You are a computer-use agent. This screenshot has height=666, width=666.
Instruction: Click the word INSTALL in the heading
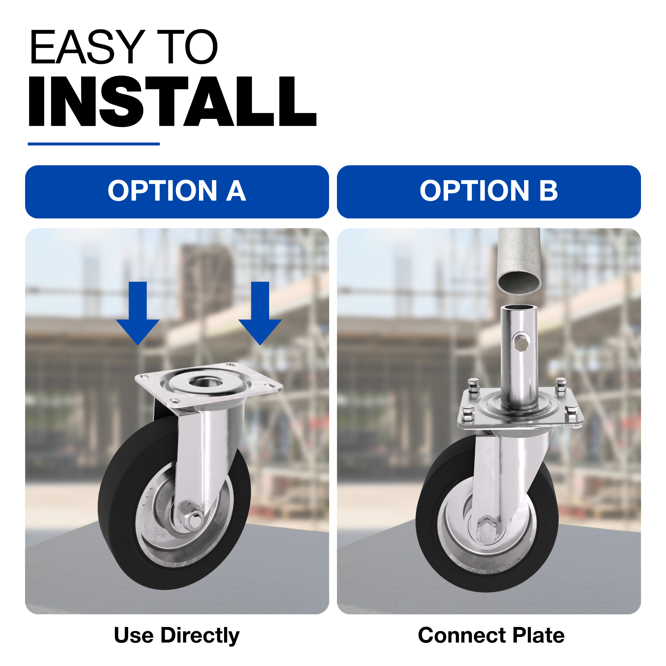click(172, 101)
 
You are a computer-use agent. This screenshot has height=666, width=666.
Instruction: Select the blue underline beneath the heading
click(94, 144)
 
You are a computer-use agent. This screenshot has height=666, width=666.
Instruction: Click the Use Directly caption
click(177, 635)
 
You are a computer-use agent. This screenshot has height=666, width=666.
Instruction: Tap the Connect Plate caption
click(491, 635)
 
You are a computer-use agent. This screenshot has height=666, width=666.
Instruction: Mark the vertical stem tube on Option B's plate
click(519, 359)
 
